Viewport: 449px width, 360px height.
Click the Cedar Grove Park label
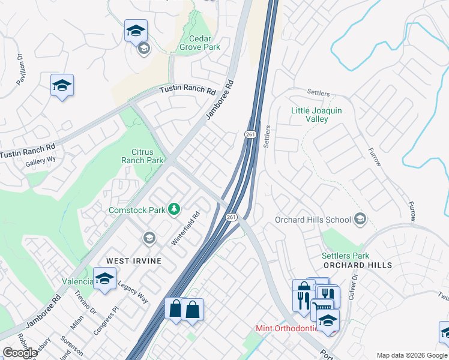(x=200, y=43)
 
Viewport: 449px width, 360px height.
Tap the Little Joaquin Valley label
(x=316, y=115)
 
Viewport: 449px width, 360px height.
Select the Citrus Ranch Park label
(x=142, y=157)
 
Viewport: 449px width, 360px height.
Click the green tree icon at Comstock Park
(x=174, y=209)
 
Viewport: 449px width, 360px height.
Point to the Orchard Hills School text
(x=313, y=220)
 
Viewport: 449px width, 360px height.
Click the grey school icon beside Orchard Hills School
(x=360, y=218)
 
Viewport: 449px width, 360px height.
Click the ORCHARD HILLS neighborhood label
(x=357, y=265)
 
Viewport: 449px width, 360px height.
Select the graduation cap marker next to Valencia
(x=104, y=279)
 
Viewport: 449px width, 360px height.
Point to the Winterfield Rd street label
(x=185, y=230)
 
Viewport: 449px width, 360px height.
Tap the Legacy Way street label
(x=133, y=291)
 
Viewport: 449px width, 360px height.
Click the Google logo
(x=20, y=353)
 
